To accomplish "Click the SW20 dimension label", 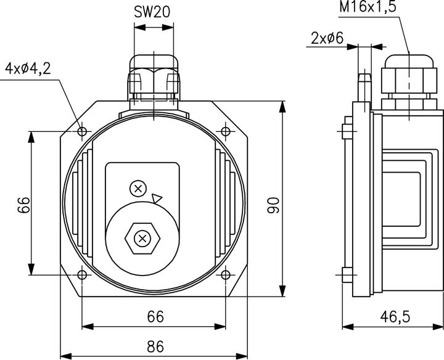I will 153,12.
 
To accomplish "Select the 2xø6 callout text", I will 327,38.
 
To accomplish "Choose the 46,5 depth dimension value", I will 393,317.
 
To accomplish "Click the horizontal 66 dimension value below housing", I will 155,316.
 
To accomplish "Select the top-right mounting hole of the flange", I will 226,131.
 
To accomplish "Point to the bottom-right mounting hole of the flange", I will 226,275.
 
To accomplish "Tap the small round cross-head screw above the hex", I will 139,188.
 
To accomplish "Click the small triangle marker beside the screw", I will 157,198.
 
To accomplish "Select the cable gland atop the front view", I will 153,77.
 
